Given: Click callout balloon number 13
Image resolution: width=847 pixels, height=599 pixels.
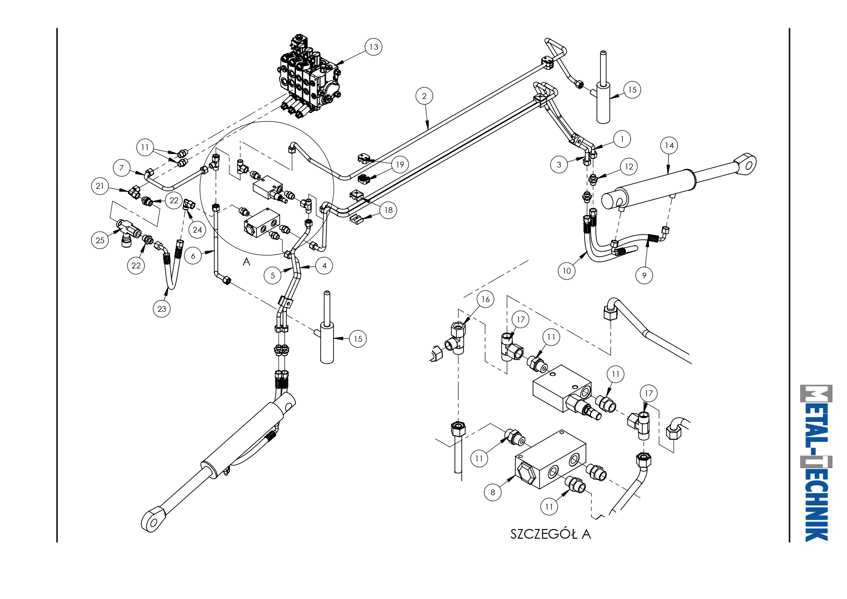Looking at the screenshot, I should [374, 47].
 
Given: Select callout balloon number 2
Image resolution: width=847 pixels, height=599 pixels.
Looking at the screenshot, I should [424, 96].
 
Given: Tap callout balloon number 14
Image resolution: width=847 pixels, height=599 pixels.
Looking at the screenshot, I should [669, 145].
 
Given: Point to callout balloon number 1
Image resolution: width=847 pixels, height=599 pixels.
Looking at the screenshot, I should [622, 139].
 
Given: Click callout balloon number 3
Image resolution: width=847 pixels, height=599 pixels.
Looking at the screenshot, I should [559, 165].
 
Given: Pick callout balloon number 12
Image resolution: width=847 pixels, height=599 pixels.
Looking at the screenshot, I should [629, 167].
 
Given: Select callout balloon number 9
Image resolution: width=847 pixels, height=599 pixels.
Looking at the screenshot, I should [644, 276].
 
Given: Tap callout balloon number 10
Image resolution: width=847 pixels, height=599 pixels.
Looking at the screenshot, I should [567, 271].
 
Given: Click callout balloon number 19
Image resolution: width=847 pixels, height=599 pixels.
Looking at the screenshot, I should [400, 165].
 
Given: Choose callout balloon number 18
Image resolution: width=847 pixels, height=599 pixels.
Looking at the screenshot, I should [388, 210].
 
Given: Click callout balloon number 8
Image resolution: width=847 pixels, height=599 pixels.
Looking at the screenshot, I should [493, 492].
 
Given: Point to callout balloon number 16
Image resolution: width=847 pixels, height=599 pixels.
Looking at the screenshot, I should [485, 299].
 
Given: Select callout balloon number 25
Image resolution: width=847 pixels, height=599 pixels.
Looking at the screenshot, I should [100, 240].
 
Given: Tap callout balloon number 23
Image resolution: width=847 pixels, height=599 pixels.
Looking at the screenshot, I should [162, 309].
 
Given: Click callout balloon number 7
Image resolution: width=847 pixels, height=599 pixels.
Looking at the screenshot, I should [122, 168].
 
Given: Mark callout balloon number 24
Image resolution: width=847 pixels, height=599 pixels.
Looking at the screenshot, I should [198, 230].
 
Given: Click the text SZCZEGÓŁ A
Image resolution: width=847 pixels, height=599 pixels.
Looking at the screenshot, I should [551, 534].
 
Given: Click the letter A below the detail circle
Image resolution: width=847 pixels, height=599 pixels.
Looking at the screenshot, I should [246, 262].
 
